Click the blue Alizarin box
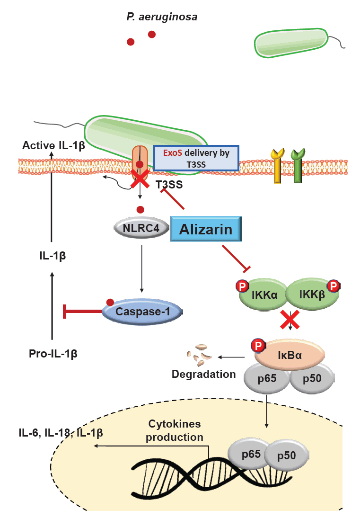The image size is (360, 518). point(205,230)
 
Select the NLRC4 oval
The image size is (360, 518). point(140,228)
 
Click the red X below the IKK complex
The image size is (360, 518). point(290,321)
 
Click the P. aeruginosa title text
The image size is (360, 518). point(161,18)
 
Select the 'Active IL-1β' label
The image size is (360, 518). point(53,145)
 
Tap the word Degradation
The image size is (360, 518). point(203,374)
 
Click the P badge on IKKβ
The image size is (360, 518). point(334,286)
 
